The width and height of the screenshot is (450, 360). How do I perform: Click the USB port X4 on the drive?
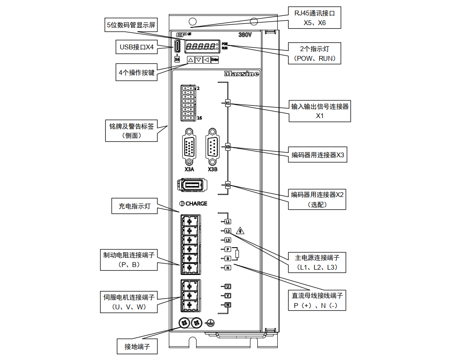click(x=177, y=46)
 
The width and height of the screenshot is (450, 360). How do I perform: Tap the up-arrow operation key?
click(x=190, y=59)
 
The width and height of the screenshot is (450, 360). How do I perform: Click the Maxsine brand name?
click(x=241, y=74)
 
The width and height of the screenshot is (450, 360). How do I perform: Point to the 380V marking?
click(x=245, y=34)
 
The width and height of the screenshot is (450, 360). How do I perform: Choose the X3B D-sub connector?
click(x=212, y=146)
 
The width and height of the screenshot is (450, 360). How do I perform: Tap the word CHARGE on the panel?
click(x=196, y=204)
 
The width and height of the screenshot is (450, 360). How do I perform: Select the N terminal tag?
click(x=228, y=267)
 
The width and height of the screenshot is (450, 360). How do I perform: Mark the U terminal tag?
click(x=228, y=286)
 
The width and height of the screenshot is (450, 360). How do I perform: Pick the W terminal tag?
click(x=228, y=305)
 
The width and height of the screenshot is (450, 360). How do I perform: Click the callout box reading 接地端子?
click(x=137, y=346)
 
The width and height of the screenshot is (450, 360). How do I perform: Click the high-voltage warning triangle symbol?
click(x=240, y=230)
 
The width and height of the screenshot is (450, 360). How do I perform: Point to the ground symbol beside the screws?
click(x=211, y=323)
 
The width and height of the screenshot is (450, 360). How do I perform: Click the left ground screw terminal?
click(x=184, y=323)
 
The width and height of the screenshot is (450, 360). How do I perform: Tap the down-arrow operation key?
click(x=199, y=59)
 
